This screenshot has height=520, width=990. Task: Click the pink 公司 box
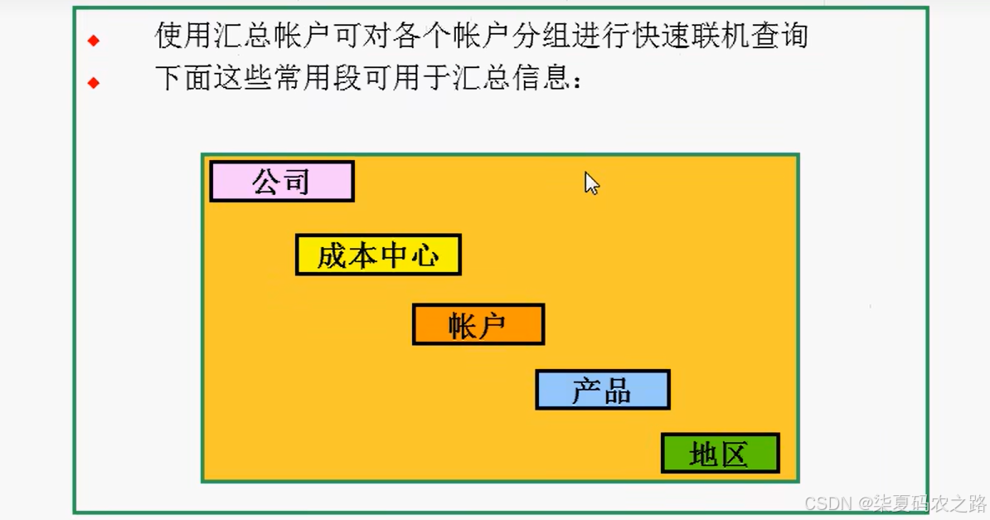click(282, 181)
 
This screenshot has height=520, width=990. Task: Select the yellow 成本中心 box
click(378, 255)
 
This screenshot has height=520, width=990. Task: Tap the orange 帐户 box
click(478, 324)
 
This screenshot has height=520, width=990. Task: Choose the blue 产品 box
click(603, 390)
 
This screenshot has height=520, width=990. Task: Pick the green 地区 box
click(720, 453)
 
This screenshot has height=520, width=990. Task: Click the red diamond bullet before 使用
click(94, 40)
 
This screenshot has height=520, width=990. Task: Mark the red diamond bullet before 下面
click(94, 82)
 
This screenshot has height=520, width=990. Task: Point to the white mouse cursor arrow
click(590, 182)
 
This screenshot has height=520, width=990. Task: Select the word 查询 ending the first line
click(779, 36)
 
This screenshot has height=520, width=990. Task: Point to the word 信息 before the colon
click(540, 79)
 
